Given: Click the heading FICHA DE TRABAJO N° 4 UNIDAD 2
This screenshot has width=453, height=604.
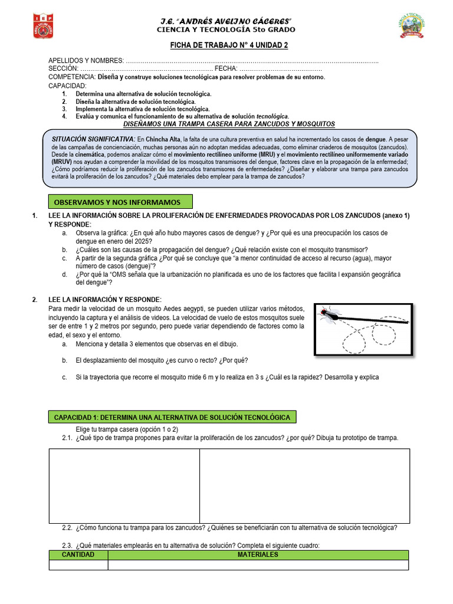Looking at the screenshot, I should tap(226, 45).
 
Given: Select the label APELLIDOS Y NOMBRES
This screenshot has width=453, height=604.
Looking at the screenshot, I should tap(86, 61).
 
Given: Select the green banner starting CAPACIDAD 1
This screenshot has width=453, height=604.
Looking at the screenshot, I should tap(172, 417).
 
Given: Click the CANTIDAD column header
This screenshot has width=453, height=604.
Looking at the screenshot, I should tap(78, 555).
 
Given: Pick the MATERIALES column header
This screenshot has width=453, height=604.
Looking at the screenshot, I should tap(258, 555).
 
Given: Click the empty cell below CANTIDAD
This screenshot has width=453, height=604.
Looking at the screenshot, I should tap(78, 565).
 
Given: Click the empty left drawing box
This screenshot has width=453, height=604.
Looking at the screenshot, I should tap(124, 485).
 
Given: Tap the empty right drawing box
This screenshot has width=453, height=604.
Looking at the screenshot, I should tap(304, 485).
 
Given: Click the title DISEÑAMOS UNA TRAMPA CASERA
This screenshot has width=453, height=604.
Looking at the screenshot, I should tap(229, 124).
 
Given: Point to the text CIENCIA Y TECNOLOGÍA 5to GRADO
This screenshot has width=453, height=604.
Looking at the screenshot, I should tap(226, 29).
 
